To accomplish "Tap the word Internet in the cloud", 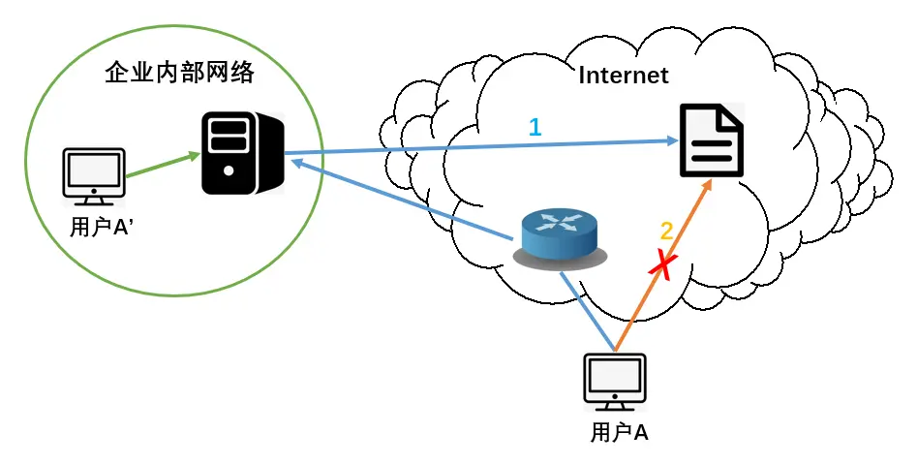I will click(623, 76).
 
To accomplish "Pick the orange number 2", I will click(666, 231).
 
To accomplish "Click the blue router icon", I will click(561, 234).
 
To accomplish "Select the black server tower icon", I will click(242, 152).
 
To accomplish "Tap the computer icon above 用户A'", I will click(93, 176).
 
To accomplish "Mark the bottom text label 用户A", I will click(619, 432).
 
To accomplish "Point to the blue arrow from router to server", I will click(407, 201).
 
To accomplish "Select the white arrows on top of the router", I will click(560, 222).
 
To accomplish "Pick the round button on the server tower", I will click(229, 170).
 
